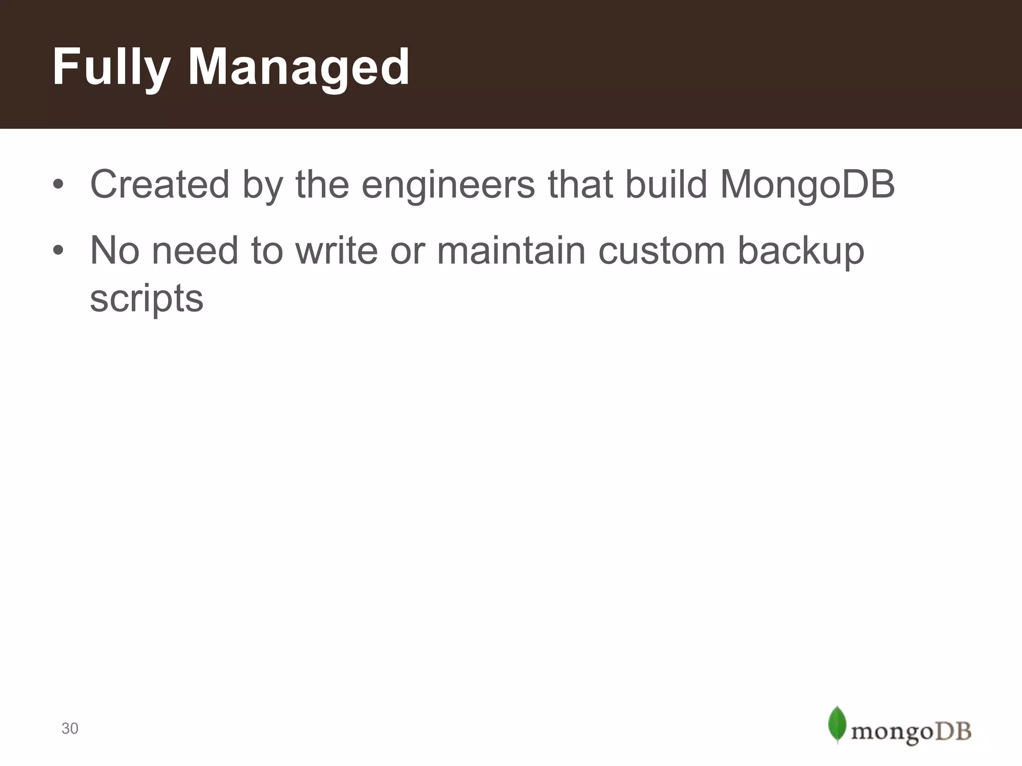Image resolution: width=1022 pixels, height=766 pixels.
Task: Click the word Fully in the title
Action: [x=111, y=67]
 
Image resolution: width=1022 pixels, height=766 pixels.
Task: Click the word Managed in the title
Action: [x=298, y=67]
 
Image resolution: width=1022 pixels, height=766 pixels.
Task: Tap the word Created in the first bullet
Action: [x=159, y=185]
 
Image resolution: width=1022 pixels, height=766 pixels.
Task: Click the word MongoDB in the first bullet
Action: [x=807, y=185]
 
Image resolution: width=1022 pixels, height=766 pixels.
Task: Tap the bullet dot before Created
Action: [x=58, y=185]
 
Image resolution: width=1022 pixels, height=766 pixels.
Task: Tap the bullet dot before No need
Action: [x=58, y=250]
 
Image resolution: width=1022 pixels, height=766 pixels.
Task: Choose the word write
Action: [x=337, y=250]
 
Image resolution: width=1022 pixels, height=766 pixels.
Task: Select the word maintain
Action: [x=511, y=250]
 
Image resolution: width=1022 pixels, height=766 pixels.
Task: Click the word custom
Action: [x=661, y=250]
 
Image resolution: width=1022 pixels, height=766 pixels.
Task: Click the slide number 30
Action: [x=70, y=729]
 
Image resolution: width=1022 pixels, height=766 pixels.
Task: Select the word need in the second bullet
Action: [x=195, y=250]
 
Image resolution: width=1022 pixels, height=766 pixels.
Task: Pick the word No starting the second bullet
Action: [x=114, y=250]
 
